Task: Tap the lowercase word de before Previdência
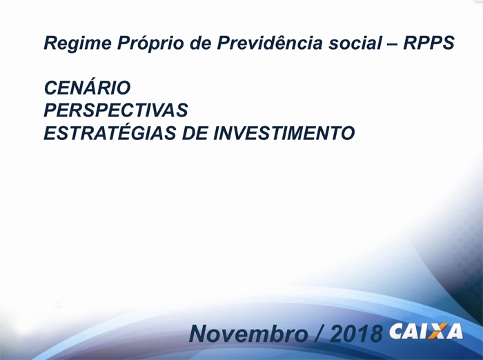(x=200, y=43)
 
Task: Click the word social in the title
(x=355, y=43)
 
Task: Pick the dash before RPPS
(x=393, y=43)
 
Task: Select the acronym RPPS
(x=429, y=43)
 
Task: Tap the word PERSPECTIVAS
(x=116, y=110)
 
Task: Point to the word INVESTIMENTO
(x=284, y=133)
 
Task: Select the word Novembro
(x=248, y=334)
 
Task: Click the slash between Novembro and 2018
(x=319, y=334)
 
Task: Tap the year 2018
(x=357, y=334)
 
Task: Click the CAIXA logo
(x=426, y=331)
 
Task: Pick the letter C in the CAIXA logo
(x=397, y=331)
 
